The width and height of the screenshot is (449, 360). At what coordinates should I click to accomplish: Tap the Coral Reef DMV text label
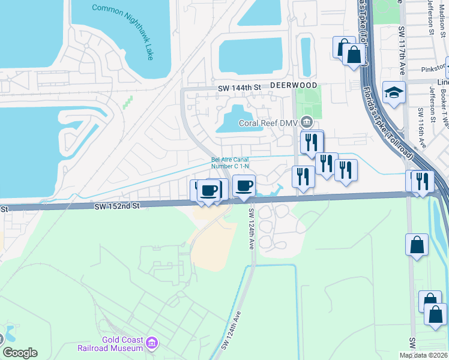(x=269, y=123)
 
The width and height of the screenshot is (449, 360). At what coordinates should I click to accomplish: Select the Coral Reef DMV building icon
(x=307, y=122)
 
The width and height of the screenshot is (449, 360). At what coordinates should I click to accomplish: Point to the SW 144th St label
(x=240, y=88)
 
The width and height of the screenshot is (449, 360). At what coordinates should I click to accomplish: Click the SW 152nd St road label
(x=116, y=205)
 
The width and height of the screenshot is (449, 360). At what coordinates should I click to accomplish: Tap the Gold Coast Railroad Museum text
(x=114, y=344)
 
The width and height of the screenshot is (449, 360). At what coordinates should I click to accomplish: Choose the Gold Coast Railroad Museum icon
(x=152, y=343)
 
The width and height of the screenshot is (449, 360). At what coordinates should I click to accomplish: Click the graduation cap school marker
(x=394, y=93)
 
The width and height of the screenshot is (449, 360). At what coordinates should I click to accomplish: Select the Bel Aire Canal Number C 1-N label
(x=230, y=163)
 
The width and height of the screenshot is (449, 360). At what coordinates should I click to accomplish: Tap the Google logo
(x=20, y=353)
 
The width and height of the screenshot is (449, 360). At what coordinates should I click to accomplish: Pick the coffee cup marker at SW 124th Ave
(x=244, y=185)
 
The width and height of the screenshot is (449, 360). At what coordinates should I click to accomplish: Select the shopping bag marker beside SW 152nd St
(x=417, y=245)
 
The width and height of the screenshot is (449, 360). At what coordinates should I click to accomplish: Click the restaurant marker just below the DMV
(x=312, y=142)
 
